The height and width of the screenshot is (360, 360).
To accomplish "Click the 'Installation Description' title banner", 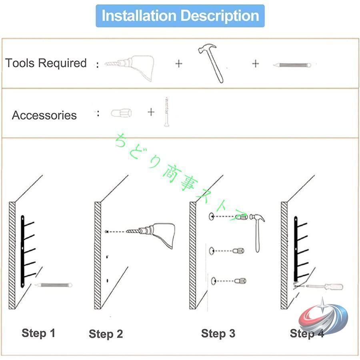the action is click(180, 16).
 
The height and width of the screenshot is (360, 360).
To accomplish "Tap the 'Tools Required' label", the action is click(46, 63).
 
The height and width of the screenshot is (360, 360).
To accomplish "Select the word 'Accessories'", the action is click(44, 115).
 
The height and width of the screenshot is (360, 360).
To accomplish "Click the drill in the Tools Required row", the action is click(129, 68).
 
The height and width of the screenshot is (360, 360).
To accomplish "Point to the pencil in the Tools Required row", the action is click(292, 65).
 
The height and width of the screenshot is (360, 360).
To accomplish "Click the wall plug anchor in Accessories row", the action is click(121, 113).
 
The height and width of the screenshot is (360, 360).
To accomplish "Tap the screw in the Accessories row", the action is click(166, 112).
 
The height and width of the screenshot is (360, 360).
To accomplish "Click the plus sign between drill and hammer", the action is click(179, 64).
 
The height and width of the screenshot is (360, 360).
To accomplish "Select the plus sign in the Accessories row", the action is click(151, 112).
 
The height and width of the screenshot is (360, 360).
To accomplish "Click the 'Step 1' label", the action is click(38, 333).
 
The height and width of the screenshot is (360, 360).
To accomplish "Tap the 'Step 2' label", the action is click(106, 334).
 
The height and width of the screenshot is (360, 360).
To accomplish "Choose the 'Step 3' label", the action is click(218, 334).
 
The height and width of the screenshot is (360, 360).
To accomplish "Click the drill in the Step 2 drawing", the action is click(151, 234).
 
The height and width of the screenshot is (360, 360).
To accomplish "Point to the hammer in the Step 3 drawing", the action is click(257, 232).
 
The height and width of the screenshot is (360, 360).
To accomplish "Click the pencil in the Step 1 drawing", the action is click(53, 285).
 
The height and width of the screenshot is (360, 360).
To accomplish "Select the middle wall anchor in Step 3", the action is click(238, 251).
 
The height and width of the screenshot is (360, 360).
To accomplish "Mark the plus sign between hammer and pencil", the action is click(255, 64).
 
